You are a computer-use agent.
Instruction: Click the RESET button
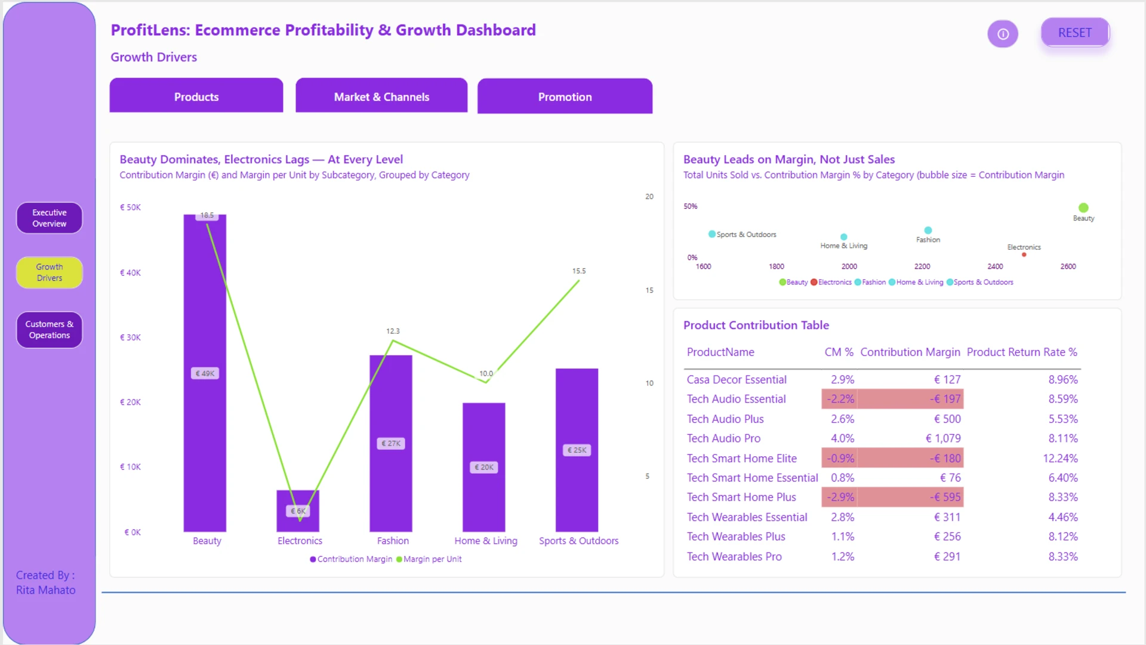pos(1075,33)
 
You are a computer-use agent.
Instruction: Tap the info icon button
pos(1003,34)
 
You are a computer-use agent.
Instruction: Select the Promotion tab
pos(565,96)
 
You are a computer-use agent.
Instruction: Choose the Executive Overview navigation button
pos(50,218)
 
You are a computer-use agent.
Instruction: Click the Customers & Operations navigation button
pos(50,330)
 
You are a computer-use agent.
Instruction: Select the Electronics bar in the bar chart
pos(298,511)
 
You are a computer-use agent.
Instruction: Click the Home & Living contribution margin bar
pos(484,468)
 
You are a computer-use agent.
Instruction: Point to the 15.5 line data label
pos(579,271)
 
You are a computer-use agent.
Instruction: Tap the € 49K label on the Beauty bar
pos(205,374)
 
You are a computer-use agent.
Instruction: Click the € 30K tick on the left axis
pos(130,337)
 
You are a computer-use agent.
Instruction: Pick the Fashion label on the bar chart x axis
pos(393,541)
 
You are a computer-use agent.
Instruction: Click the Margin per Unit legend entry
pos(429,560)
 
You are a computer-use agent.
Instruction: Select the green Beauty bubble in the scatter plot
pos(1083,208)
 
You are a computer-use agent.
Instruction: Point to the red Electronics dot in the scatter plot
pos(1024,255)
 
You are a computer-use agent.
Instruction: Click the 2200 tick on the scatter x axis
pos(922,267)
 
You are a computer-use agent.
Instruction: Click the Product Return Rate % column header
pos(1022,352)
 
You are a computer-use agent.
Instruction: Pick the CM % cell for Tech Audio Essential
pos(840,399)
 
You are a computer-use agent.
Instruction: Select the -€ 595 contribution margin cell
pos(945,497)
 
